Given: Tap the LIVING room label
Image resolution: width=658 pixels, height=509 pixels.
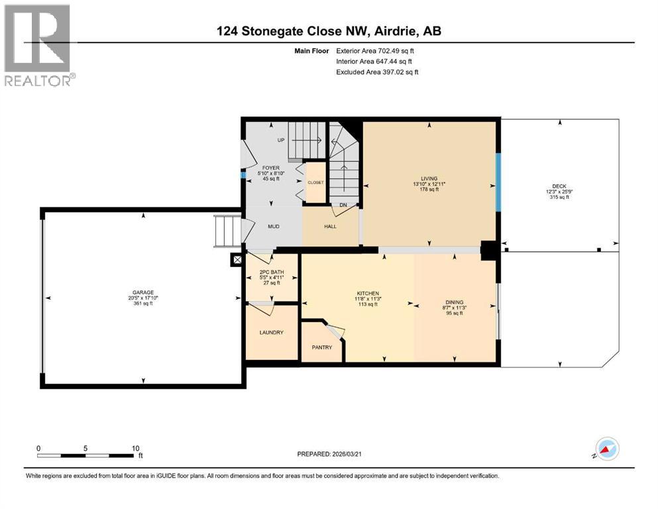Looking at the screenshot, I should point(429,178).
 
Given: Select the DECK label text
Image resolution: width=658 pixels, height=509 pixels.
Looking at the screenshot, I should point(560,186).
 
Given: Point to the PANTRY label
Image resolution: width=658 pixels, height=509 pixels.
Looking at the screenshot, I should point(321,347).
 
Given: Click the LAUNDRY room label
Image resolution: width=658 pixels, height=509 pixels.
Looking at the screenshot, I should point(272,332).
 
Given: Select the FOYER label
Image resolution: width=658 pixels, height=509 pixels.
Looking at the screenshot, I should point(270,168).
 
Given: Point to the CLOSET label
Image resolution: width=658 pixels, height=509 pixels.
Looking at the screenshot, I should point(315,182).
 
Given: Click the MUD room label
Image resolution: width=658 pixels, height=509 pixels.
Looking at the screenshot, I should point(273,227).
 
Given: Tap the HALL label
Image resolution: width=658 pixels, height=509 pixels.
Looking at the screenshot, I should point(330,227).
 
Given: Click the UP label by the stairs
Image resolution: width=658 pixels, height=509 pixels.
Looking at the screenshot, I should point(280,141).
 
